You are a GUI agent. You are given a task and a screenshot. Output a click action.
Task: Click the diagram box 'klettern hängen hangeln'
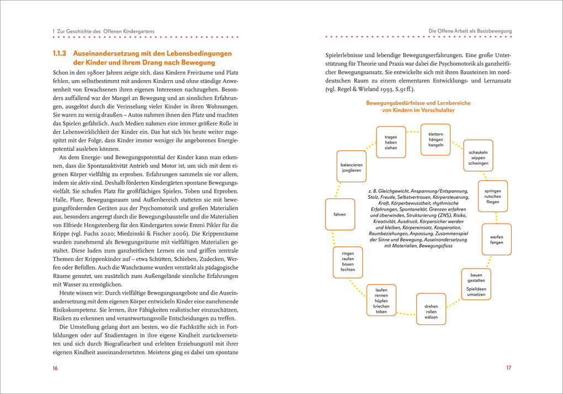pyautogui.click(x=435, y=139)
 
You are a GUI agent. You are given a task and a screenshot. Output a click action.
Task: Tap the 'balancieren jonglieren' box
pyautogui.click(x=348, y=166)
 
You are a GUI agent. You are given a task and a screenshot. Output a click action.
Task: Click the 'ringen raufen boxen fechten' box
pyautogui.click(x=348, y=261)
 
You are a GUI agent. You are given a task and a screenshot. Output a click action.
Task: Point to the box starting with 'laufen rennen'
pyautogui.click(x=381, y=300)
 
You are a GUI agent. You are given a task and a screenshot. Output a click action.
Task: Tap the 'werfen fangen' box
pyautogui.click(x=496, y=239)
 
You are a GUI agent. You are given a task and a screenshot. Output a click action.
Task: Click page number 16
pyautogui.click(x=55, y=368)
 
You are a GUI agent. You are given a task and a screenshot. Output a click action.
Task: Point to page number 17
pyautogui.click(x=509, y=368)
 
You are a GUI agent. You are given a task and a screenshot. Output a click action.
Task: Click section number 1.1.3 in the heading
pyautogui.click(x=59, y=54)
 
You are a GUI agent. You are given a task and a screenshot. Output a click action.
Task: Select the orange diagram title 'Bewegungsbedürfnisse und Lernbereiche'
pyautogui.click(x=418, y=103)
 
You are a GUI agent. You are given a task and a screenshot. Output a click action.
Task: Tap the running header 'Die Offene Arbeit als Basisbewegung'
pyautogui.click(x=470, y=31)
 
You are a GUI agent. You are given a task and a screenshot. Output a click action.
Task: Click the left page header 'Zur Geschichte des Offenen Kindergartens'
pyautogui.click(x=105, y=31)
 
